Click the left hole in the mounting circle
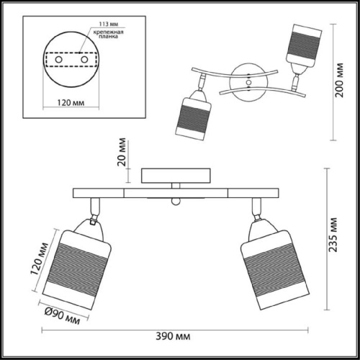(x=59, y=59)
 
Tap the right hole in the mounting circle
(x=85, y=59)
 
